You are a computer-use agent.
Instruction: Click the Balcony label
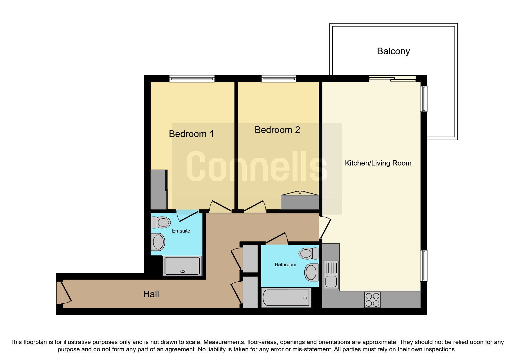coord(393,51)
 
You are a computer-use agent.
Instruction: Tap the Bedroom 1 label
coord(191,134)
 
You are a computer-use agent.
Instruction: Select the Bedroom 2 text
coord(277,130)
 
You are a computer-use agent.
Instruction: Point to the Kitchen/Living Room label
coord(378,163)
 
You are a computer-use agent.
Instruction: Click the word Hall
coord(151,294)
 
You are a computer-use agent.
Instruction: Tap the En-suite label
coord(181,231)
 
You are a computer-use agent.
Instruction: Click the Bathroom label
coord(285,264)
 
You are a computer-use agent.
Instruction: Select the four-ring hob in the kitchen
coord(372,300)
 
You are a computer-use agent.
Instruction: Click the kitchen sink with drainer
coord(331,275)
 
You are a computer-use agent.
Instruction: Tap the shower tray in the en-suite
coord(182,266)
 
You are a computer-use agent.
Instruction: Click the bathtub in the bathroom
coord(286,298)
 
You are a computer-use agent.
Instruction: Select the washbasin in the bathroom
coord(311,272)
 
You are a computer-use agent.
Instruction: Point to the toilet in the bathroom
coord(308,253)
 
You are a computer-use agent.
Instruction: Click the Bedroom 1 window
coord(192,78)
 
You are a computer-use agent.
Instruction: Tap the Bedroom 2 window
coord(279,78)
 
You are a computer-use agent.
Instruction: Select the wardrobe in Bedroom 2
coord(300,202)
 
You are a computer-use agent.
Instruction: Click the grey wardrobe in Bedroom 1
coord(159,190)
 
